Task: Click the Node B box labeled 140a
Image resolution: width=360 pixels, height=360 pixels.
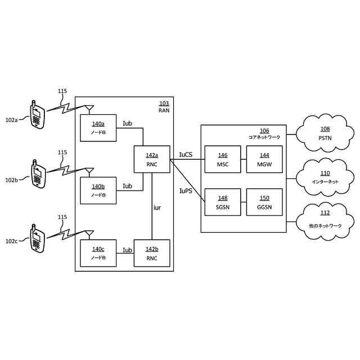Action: [98, 127]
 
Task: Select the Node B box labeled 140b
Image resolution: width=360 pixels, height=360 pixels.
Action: [98, 190]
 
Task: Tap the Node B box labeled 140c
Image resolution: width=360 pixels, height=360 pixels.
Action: [98, 253]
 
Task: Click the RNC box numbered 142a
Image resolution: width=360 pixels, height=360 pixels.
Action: [152, 159]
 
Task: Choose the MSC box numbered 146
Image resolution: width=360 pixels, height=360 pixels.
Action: [222, 159]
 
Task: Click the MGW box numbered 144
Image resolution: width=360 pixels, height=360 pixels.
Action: [264, 159]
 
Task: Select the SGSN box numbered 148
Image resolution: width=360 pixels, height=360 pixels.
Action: [222, 202]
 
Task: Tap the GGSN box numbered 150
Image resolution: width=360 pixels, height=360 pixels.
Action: [264, 202]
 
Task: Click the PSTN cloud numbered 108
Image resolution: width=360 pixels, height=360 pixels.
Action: [325, 133]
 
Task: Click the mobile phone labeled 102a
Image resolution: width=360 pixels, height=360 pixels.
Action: [37, 114]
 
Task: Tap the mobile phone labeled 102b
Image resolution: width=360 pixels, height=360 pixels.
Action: [37, 174]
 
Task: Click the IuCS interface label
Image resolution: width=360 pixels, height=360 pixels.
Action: [185, 154]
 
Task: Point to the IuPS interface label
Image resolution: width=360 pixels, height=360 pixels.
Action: [185, 191]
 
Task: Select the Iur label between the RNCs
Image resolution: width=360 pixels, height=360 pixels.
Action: [157, 208]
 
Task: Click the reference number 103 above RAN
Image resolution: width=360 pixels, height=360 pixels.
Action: [164, 103]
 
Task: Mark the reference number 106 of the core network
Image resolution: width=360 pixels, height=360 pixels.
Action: [264, 130]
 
